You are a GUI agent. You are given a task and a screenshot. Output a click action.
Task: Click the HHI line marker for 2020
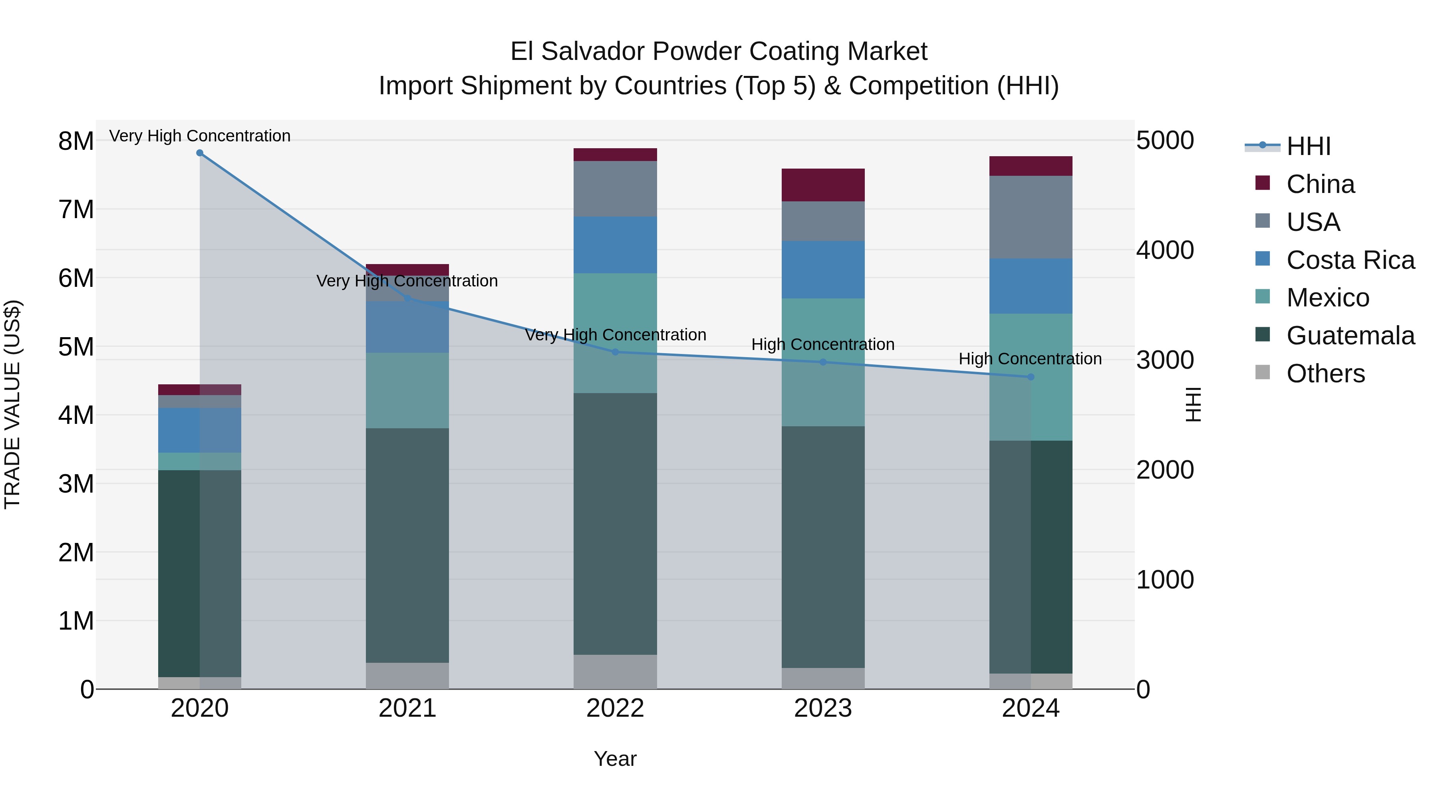coord(200,153)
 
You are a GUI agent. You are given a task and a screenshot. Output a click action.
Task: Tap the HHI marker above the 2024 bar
coord(1031,377)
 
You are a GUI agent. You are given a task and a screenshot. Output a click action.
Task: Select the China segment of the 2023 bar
coord(823,185)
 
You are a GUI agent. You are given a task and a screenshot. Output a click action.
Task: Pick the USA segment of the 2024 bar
coord(1031,217)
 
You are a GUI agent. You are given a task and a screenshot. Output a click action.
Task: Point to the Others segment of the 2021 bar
coord(407,676)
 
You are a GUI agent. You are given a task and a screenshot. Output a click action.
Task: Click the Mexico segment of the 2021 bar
coord(407,390)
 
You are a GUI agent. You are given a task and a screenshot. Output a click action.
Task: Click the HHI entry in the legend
coord(1308,146)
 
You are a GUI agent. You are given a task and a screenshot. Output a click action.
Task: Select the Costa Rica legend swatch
coord(1262,259)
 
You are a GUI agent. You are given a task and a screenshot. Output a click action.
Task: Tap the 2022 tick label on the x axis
coord(615,708)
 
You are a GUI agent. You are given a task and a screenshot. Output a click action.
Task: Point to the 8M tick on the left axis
coord(76,141)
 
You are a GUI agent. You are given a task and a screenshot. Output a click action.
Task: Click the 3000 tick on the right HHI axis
coord(1165,360)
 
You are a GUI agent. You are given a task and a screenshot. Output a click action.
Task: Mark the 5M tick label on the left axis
coord(76,347)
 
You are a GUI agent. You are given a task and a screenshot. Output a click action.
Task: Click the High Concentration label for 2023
coord(823,344)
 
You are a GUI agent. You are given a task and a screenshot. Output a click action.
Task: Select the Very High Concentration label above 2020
coord(200,136)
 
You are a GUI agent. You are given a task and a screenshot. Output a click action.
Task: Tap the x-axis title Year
coord(615,759)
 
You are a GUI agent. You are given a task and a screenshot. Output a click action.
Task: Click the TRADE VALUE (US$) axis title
coord(12,404)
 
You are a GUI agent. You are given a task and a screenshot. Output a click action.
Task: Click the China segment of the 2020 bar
coord(200,389)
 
